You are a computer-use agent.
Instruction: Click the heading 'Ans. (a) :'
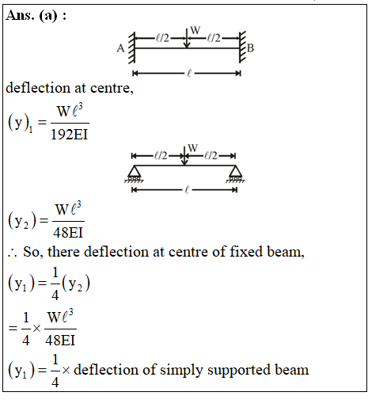coord(36,15)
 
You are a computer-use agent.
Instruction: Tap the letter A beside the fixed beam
coord(120,48)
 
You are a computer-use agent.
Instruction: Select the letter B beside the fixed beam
coord(250,48)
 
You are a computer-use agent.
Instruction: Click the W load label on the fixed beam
coord(195,30)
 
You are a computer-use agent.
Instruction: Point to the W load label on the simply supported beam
coord(193,148)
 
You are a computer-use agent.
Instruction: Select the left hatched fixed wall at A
coord(131,48)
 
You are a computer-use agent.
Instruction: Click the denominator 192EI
coord(69,134)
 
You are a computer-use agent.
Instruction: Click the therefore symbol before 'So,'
coord(12,253)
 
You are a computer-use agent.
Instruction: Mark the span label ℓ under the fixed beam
coord(189,74)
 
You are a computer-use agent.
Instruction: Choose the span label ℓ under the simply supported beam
coord(187,190)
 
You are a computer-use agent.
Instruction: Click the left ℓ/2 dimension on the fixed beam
coord(162,39)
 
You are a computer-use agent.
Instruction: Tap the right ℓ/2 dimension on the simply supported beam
coord(211,156)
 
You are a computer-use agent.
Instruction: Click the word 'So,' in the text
coord(32,252)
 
